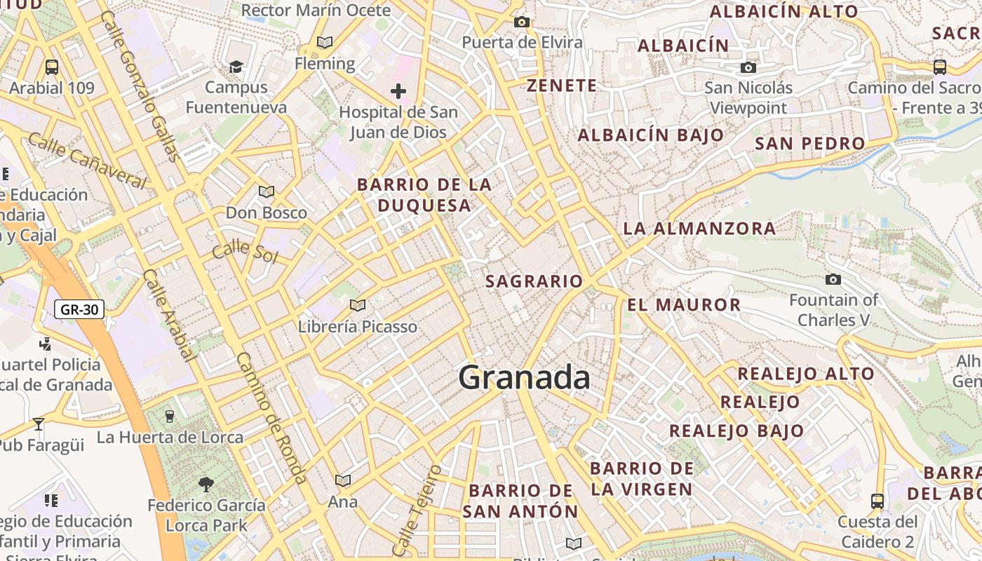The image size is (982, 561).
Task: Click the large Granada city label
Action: coord(524,378)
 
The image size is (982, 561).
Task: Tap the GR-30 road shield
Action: coord(79,309)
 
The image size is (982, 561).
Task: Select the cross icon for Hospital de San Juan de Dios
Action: coord(398,91)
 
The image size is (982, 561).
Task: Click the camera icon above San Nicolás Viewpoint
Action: coord(748,67)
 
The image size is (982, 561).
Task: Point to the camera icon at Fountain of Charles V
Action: coord(833,280)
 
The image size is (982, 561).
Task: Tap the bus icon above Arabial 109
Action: coord(51,67)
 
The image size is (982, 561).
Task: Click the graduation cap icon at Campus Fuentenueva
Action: coord(236,67)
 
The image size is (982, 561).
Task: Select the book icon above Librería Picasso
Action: coord(358,305)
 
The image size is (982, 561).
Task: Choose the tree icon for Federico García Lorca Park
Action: coord(206,484)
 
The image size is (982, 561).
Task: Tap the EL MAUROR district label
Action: coord(684,305)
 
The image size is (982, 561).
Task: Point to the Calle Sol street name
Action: coord(245,252)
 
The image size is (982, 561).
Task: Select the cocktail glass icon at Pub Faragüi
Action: coord(39,424)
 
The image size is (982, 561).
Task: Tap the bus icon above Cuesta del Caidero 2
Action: coord(877,501)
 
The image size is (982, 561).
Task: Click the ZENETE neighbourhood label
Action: coord(562,86)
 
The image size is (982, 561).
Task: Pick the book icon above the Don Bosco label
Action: coord(266,191)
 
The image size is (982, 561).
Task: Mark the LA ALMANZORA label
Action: coord(699,229)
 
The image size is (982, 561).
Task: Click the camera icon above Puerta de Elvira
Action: coord(521,22)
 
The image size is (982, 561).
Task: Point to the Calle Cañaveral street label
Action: coord(88,161)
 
